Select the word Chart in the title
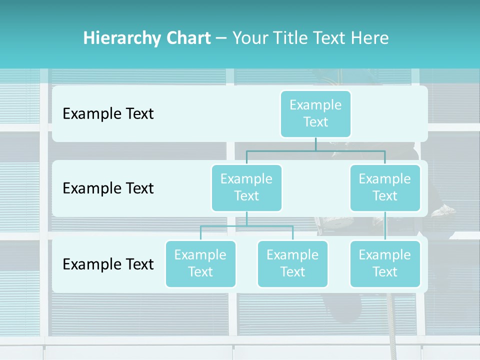point(187,38)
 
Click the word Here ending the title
point(369,38)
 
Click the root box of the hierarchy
point(315,114)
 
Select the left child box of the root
point(246,188)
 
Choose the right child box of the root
point(385,188)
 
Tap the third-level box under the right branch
point(385,264)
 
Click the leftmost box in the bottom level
point(200,264)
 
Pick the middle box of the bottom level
point(292,264)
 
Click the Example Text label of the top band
point(108,114)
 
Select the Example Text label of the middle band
point(108,188)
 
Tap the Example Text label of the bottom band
point(108,264)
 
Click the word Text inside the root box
point(315,122)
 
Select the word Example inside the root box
point(315,105)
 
